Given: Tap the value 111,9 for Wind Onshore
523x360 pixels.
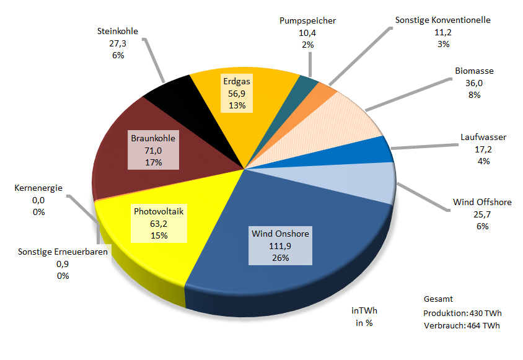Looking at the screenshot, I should [x=280, y=246].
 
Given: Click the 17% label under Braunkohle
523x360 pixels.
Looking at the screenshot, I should [x=153, y=162].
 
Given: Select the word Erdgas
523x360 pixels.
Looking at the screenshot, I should [x=237, y=82].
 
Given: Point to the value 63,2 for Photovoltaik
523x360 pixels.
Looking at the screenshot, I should [x=159, y=223].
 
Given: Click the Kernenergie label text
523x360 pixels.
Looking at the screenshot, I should [x=38, y=188].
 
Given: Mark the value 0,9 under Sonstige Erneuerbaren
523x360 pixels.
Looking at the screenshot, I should [x=63, y=264].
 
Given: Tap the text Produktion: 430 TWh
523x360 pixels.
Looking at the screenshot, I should [x=461, y=312].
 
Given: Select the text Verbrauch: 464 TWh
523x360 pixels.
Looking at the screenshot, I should [x=461, y=325].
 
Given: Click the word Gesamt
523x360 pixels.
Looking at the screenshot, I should [x=438, y=299].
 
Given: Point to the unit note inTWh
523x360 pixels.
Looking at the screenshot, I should [x=363, y=311].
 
